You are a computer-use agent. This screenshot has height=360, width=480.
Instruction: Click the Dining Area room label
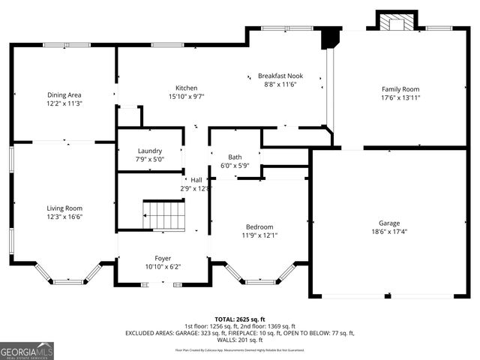[64, 95]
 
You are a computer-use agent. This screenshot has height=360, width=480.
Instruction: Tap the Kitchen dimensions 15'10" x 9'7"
[187, 97]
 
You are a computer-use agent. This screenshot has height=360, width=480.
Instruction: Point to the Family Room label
[400, 89]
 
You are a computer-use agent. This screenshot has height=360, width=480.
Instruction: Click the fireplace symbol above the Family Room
[394, 22]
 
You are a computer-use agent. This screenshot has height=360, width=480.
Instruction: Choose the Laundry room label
[150, 151]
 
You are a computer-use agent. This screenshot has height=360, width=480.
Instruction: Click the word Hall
[196, 180]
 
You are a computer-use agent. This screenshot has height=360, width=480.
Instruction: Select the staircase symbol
[163, 214]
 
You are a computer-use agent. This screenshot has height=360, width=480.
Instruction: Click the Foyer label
[163, 257]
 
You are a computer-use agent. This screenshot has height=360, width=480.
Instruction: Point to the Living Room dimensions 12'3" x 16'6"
[64, 217]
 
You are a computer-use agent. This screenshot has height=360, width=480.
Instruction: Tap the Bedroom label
[259, 226]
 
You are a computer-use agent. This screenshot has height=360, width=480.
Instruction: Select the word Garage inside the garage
[388, 223]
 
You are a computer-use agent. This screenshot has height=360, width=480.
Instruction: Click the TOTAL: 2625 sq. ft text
[240, 319]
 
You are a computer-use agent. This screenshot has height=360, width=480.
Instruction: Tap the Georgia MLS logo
[27, 350]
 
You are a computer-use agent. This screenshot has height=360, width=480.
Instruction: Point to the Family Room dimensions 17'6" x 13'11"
[400, 98]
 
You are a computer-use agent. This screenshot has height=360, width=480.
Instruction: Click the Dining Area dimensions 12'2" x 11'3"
[64, 104]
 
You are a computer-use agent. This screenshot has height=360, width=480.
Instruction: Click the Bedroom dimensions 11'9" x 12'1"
[259, 235]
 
